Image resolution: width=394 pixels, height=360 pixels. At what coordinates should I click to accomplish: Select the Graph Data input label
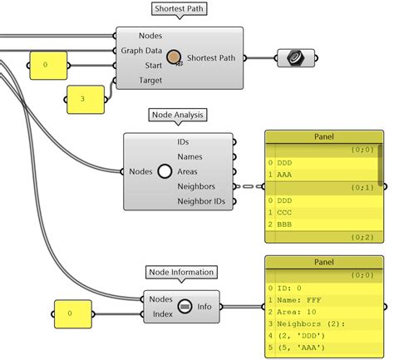[x=140, y=51]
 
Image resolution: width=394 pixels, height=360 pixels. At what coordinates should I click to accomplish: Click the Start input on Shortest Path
[x=152, y=66]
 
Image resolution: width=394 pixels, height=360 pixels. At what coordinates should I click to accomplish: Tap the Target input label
[x=150, y=81]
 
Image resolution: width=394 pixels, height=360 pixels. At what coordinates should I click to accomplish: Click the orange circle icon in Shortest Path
[x=175, y=57]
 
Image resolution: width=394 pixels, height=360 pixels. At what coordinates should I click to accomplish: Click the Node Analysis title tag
[x=179, y=115]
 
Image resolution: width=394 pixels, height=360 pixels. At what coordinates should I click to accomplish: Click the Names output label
[x=190, y=156]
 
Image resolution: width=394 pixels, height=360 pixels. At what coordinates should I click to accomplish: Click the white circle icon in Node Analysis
[x=165, y=171]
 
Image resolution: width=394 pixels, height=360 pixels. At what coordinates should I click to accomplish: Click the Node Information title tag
[x=181, y=272]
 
